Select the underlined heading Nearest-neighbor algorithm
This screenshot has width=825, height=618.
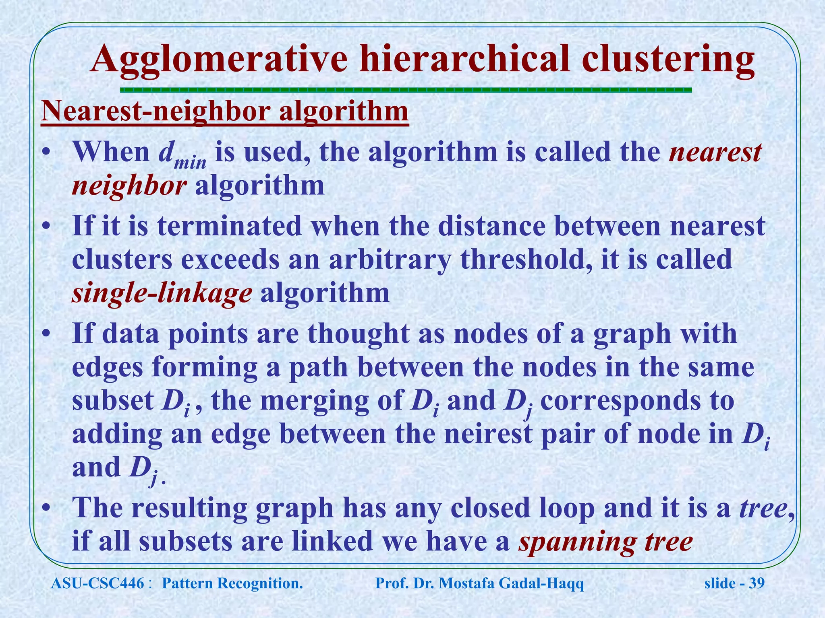coord(225,112)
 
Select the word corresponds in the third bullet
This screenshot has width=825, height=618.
coord(620,401)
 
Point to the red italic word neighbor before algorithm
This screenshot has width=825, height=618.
coord(129,187)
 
